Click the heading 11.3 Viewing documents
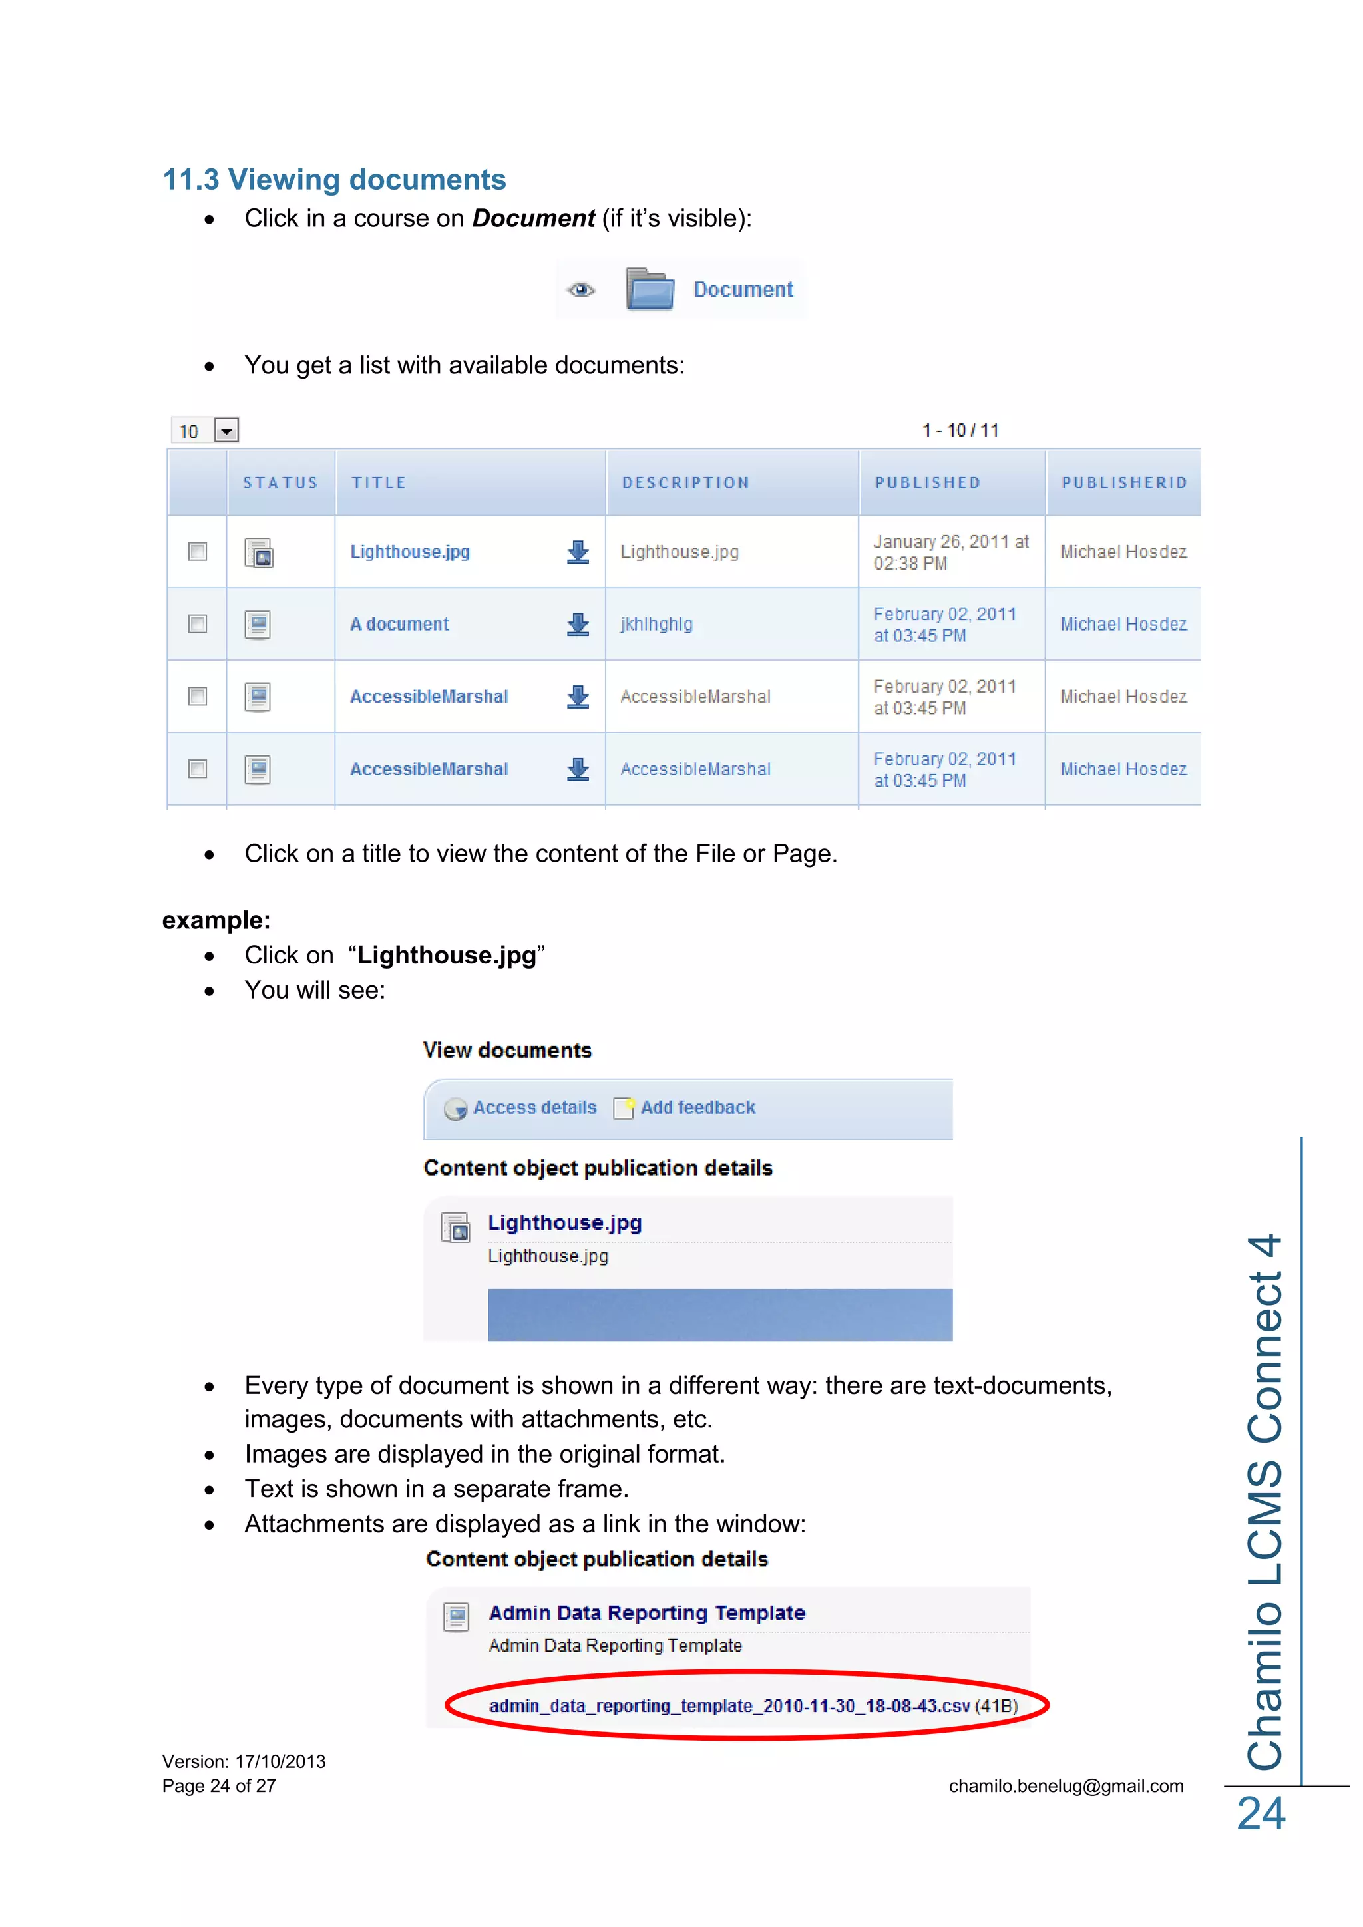click(334, 180)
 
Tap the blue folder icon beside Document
click(650, 289)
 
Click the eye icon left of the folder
click(581, 290)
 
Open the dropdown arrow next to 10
click(226, 431)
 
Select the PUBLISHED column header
click(927, 482)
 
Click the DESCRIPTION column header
click(685, 482)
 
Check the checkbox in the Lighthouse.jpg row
click(197, 552)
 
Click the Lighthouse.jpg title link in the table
click(409, 552)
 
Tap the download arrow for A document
click(578, 624)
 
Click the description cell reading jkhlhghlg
click(656, 624)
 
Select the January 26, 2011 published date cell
click(950, 552)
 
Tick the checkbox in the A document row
click(197, 624)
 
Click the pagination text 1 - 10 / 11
click(960, 431)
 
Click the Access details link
click(534, 1108)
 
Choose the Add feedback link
click(697, 1108)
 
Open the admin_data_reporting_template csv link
click(729, 1706)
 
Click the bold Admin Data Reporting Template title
click(646, 1613)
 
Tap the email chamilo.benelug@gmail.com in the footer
click(1066, 1786)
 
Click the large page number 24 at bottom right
click(1261, 1815)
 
